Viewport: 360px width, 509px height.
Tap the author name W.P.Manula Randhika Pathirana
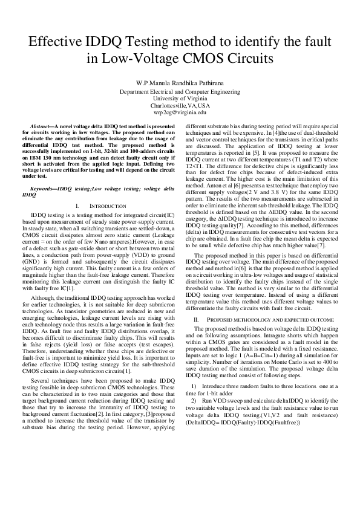(180, 83)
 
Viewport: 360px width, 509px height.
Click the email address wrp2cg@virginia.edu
(180, 112)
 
